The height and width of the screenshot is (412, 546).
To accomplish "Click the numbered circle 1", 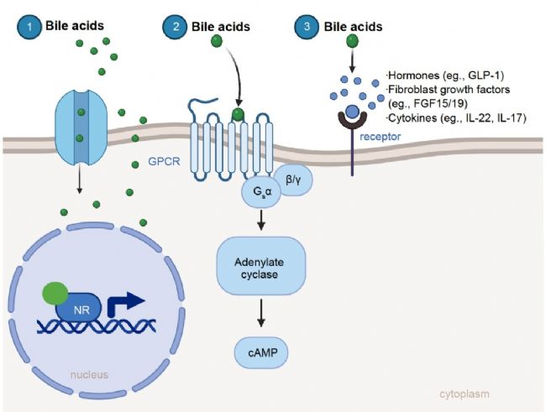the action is coord(29,26).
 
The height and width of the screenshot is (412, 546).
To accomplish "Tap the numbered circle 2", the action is coord(176,26).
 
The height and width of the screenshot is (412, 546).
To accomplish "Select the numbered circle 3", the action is coord(307,26).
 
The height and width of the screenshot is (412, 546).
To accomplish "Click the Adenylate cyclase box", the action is coord(261,266).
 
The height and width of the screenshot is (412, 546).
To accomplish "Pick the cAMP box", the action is coord(261,353).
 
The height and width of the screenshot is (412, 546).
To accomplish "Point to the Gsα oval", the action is coord(262,192).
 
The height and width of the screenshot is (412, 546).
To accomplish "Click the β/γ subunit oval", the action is coord(293,180).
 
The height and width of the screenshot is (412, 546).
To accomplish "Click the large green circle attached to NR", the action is coord(55,294).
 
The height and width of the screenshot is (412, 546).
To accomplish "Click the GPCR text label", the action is coord(164,161).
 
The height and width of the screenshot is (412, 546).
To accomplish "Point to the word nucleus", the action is coord(89,375).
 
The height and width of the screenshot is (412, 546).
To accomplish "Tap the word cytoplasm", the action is coord(465,394).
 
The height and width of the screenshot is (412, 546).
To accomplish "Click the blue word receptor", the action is coord(380,137).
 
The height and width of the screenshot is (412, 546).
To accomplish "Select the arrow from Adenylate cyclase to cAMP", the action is coord(260,313).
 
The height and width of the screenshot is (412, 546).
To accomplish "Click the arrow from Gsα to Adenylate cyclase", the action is coord(260,220).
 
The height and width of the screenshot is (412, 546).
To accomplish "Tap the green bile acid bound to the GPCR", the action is coord(239,114).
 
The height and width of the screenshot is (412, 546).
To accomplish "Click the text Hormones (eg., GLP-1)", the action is coord(445,76).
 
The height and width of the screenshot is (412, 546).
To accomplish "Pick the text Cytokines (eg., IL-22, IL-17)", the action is coord(456,118).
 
